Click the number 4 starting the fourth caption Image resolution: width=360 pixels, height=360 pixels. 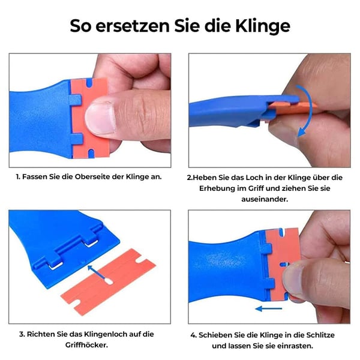click(193, 334)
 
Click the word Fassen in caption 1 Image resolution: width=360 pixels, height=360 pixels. click(35, 177)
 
